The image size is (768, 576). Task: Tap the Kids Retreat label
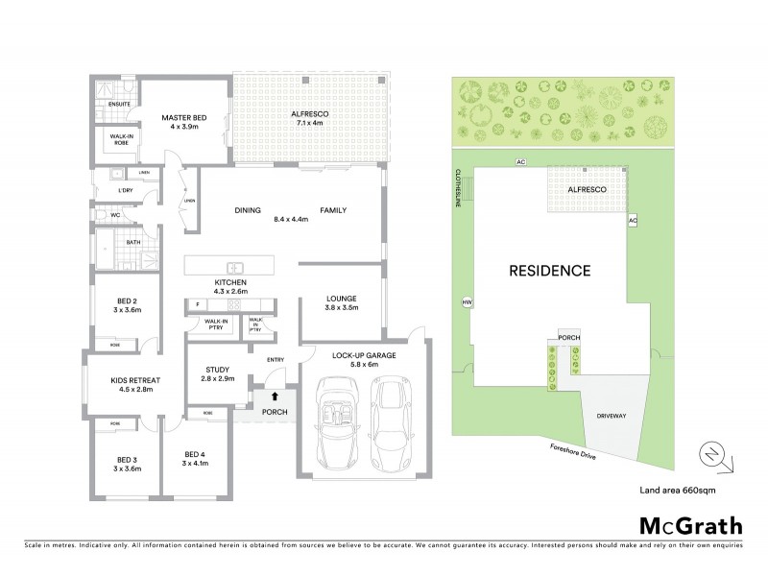coord(134,385)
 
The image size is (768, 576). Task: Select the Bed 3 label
coord(128,464)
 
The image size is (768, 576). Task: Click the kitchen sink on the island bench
coord(233,266)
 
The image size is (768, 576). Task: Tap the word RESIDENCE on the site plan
coord(550,271)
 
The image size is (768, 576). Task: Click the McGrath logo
coord(690,526)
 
